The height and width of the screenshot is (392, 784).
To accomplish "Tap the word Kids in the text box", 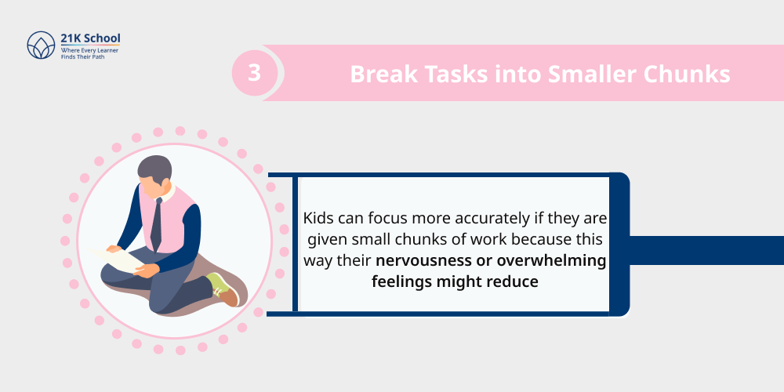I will point(318,218).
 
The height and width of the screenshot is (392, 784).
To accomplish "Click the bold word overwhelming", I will point(549,260).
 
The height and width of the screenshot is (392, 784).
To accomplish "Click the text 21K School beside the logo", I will point(91,38).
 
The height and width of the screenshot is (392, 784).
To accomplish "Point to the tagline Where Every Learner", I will point(89,49).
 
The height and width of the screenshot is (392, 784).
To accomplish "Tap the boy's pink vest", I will point(174,216).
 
